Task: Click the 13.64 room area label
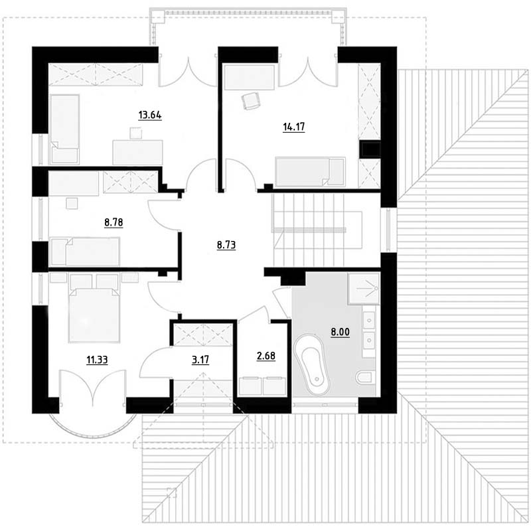click(x=150, y=115)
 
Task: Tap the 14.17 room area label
click(x=294, y=127)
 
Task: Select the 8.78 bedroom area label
click(x=114, y=222)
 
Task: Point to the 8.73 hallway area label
click(x=226, y=244)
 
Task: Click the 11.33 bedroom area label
click(x=97, y=360)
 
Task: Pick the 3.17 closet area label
click(x=200, y=360)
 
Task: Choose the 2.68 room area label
click(x=266, y=356)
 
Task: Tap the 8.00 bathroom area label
click(x=341, y=333)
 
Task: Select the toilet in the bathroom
click(x=365, y=377)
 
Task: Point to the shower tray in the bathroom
click(x=363, y=289)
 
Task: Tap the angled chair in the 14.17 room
click(x=251, y=101)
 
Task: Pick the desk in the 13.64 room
click(x=137, y=153)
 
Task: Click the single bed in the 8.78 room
click(x=85, y=252)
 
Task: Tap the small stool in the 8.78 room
click(x=72, y=204)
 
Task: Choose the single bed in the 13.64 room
click(x=64, y=129)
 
